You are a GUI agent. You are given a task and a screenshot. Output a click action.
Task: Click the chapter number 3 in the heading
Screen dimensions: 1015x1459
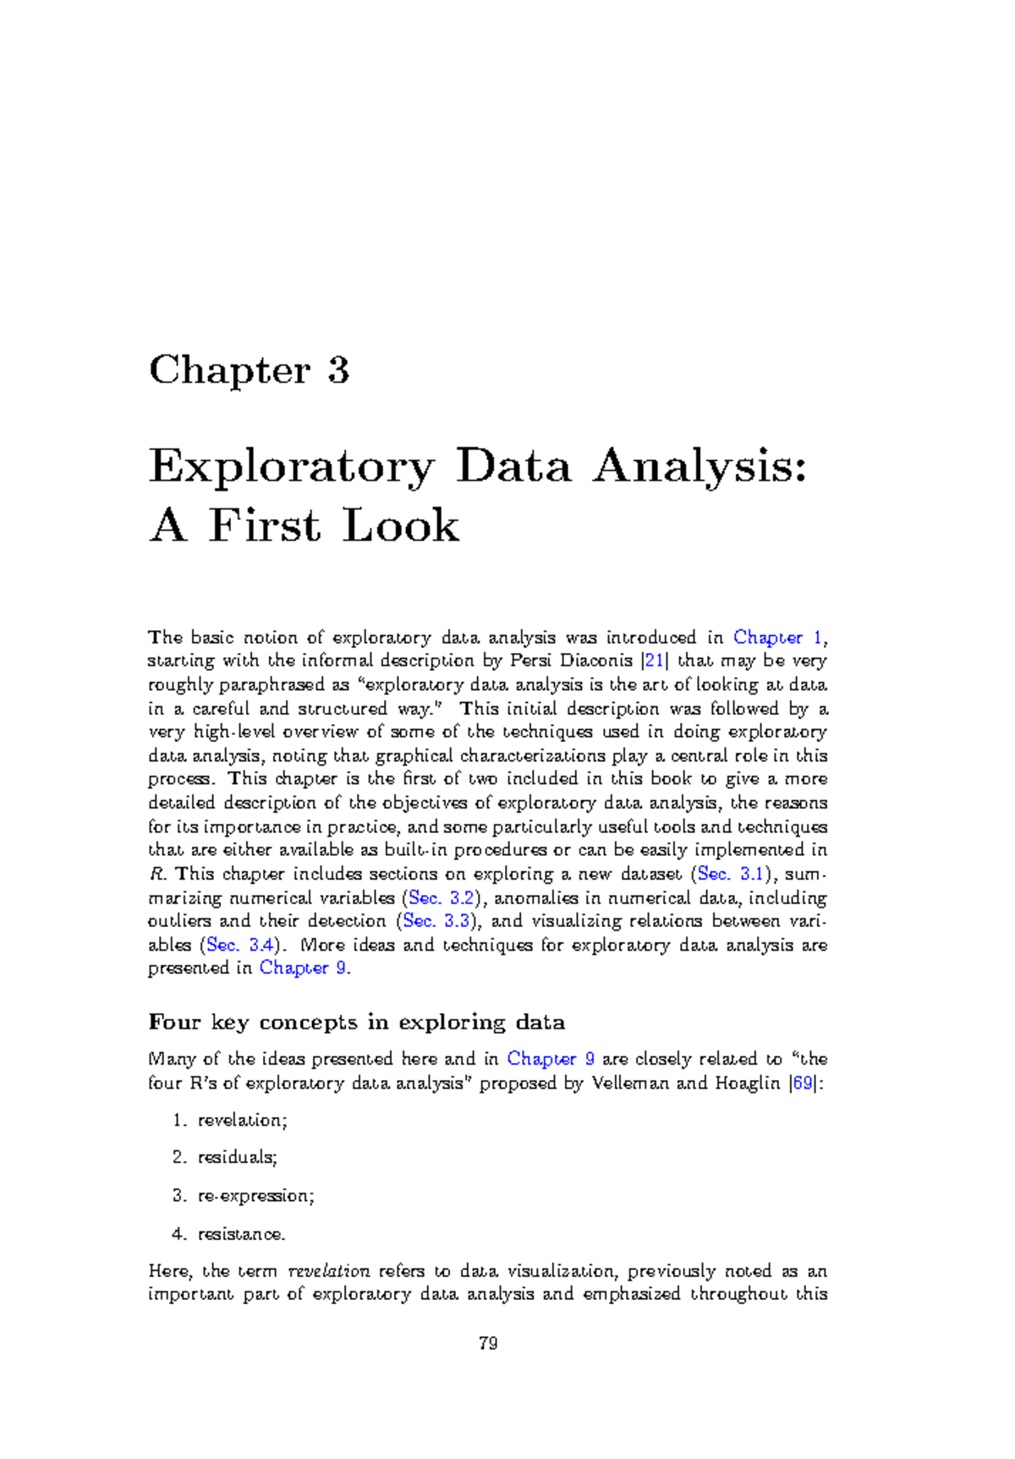point(338,370)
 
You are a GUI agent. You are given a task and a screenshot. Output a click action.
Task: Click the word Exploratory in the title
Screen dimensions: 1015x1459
point(291,468)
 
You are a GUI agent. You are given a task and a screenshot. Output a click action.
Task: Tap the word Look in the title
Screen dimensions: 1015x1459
point(401,526)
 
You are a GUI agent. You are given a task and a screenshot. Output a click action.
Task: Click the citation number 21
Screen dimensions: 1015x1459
point(654,661)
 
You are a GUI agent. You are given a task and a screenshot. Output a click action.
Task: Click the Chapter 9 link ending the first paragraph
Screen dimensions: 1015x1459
point(303,968)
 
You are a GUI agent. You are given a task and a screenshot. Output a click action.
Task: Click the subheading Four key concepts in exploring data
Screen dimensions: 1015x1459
point(356,1023)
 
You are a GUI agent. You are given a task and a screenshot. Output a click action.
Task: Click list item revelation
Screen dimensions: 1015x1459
point(243,1121)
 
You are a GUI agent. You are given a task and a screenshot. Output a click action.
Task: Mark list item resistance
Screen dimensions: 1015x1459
point(241,1234)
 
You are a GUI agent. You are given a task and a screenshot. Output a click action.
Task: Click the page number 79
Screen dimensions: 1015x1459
point(488,1343)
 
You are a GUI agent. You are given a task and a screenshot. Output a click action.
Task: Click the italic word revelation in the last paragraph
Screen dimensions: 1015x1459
point(328,1271)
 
